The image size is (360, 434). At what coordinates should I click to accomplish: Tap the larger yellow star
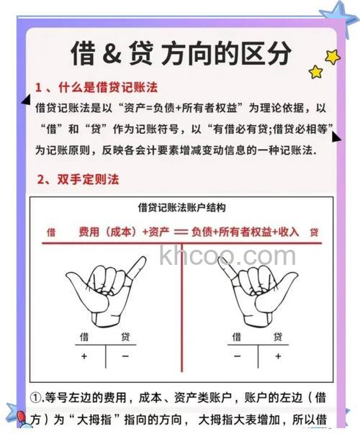point(332,56)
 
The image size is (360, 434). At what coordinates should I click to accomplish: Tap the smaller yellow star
point(315,71)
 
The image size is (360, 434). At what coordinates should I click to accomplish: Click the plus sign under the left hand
point(84,356)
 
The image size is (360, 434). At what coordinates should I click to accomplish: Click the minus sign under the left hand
point(125,356)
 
